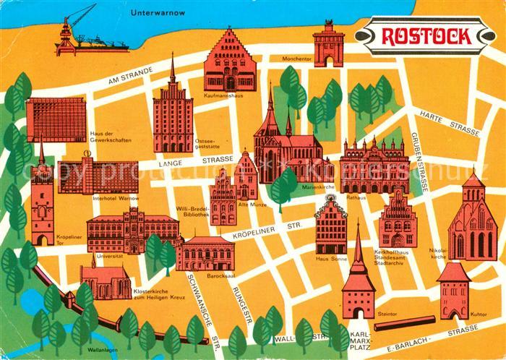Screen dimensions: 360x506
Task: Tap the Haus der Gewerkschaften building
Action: pyautogui.click(x=56, y=119)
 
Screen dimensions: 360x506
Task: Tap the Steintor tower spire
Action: pyautogui.click(x=358, y=246)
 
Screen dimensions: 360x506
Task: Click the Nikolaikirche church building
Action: pyautogui.click(x=471, y=220)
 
